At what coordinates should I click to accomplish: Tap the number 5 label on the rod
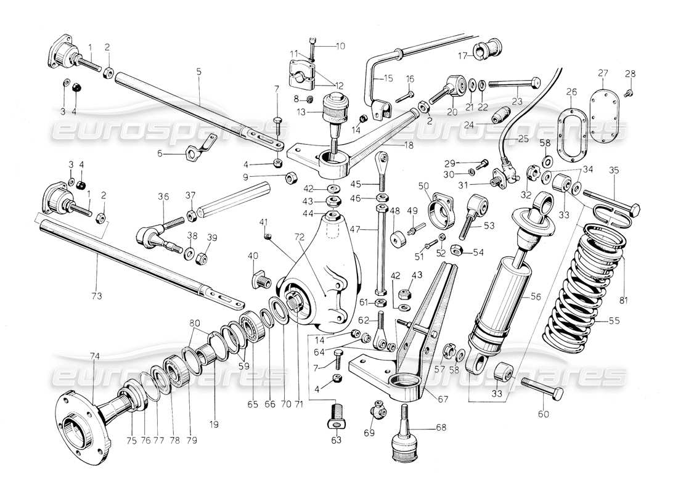pos(198,71)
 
